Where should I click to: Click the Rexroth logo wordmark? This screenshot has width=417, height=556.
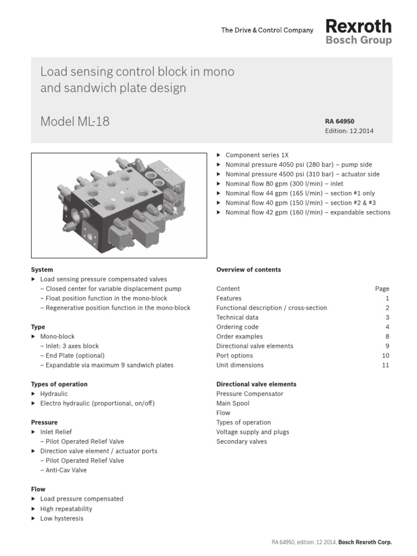pos(358,26)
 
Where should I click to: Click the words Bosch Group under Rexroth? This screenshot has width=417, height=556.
pos(358,40)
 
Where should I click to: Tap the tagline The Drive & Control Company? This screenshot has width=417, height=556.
pos(267,30)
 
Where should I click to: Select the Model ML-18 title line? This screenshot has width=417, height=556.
pos(75,122)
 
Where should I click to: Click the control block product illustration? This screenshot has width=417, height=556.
pos(119,205)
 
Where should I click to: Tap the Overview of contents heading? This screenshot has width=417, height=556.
pos(248,269)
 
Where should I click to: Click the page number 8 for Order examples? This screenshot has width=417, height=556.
pos(387,337)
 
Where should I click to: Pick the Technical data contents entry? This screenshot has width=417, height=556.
pos(238,318)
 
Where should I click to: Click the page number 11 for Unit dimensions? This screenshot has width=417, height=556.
pos(386,365)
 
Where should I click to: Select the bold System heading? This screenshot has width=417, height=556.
pos(42,269)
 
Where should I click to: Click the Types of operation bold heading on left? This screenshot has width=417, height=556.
pos(59,384)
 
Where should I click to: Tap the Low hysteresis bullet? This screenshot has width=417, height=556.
pos(62,518)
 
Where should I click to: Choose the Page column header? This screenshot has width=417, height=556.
pos(382,289)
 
